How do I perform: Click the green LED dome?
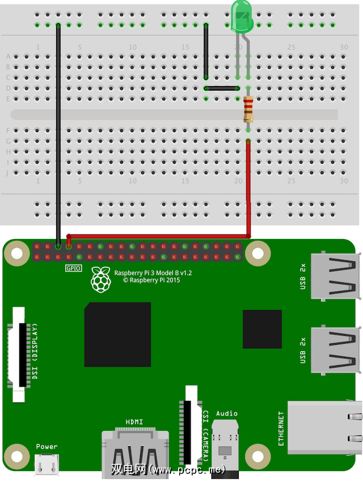[243, 15]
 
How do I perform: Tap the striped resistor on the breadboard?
[248, 110]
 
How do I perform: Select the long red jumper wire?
[248, 187]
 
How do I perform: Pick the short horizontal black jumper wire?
[222, 88]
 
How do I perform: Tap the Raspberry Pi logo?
[100, 279]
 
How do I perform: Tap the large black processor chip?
[117, 335]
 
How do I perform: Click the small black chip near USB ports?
[262, 329]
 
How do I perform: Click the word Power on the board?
[47, 447]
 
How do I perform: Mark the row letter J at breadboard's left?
[8, 173]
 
